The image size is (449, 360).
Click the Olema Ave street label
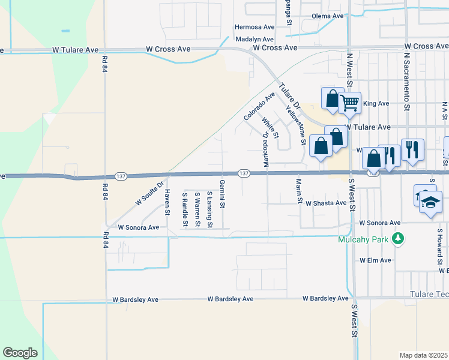click(x=327, y=16)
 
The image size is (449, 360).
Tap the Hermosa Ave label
click(x=254, y=27)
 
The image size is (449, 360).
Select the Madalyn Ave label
click(x=255, y=39)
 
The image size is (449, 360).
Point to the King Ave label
click(x=377, y=104)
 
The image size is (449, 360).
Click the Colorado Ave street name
click(x=259, y=106)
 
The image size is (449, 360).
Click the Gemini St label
click(x=222, y=193)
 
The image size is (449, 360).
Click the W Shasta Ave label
click(x=326, y=203)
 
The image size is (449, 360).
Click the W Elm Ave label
click(x=375, y=260)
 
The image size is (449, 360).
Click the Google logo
click(x=20, y=353)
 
